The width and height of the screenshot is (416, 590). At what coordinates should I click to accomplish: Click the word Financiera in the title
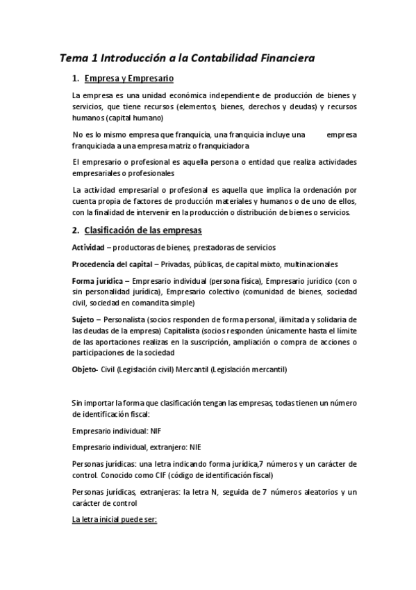point(281,59)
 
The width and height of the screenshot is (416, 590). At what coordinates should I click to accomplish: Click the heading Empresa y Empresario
point(128,78)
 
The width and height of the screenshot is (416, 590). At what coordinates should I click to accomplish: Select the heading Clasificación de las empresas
point(142,230)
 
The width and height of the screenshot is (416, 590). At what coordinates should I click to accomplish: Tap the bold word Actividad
point(90,247)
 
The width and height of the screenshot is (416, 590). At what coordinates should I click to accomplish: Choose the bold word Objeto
point(85,369)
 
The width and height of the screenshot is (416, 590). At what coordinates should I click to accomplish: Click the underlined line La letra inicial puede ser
point(115,519)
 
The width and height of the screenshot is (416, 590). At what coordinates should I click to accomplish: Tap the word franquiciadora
point(222,145)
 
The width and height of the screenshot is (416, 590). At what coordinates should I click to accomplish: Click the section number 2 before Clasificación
point(74,230)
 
